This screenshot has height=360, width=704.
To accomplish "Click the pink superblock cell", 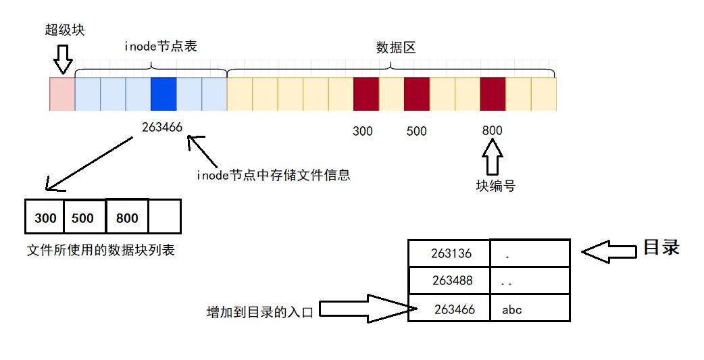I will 62,94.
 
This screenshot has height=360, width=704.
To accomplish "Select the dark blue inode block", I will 164,94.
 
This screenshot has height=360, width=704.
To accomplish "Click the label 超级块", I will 65,30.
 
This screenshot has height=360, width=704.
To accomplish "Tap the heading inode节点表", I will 161,47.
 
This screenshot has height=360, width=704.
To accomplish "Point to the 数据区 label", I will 395,47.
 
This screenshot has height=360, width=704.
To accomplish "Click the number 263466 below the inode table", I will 162,127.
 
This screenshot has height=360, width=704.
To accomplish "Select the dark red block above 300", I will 366,94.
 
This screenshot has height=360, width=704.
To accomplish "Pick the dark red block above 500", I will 417,94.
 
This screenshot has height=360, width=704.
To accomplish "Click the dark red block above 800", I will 493,94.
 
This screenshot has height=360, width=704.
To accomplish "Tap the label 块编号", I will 495,186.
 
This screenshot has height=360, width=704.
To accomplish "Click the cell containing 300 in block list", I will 45,217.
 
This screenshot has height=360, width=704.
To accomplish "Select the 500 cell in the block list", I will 84,217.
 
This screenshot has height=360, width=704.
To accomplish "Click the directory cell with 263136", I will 450,254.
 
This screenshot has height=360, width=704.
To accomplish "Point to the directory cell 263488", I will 450,280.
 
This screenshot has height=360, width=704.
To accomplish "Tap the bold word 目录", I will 660,247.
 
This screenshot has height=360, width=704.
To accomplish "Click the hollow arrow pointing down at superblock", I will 63,59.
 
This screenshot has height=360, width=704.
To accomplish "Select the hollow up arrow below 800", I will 493,159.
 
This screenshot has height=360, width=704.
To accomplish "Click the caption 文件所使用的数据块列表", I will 101,251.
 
